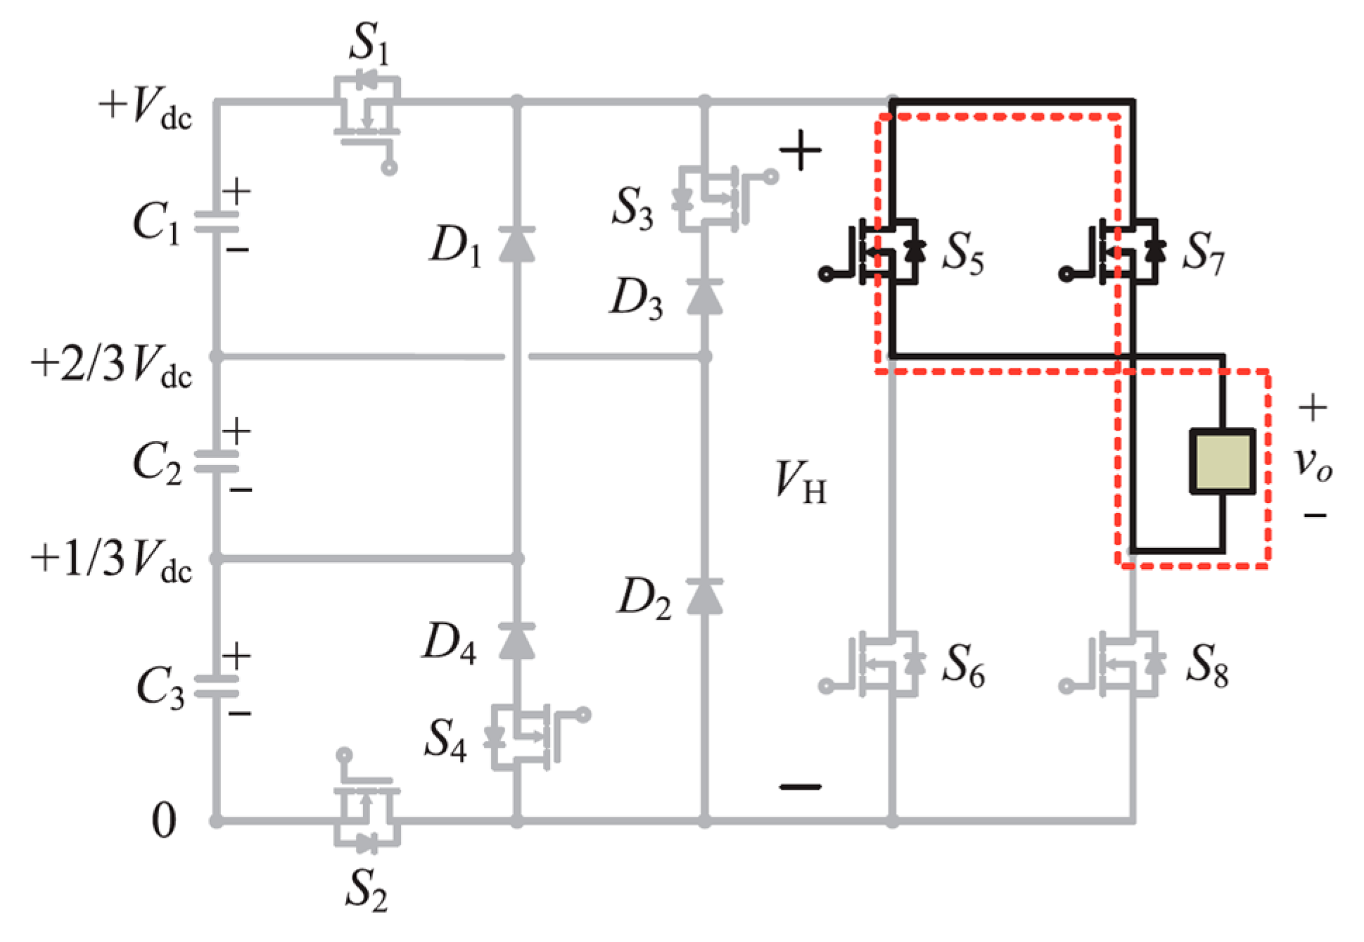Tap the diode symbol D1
click(x=516, y=245)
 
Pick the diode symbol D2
click(x=704, y=597)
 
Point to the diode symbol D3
click(x=704, y=297)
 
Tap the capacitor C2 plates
click(x=217, y=461)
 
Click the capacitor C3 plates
click(x=217, y=686)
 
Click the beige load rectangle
click(x=1222, y=461)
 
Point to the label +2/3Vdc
click(x=111, y=366)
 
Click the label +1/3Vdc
click(x=111, y=561)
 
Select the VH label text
click(x=801, y=483)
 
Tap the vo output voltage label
click(x=1313, y=464)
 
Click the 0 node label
click(x=163, y=820)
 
